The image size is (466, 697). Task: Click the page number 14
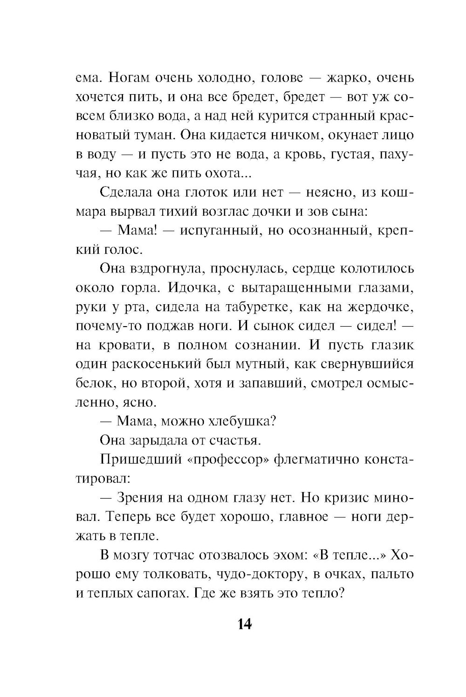click(244, 624)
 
